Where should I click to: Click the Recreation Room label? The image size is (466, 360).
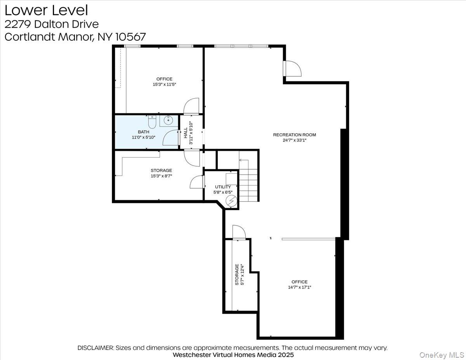[294, 135]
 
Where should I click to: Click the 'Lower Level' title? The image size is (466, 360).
[46, 10]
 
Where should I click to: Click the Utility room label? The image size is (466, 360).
[223, 187]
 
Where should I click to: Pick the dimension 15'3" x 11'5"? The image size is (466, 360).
[164, 84]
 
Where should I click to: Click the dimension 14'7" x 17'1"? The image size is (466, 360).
[299, 287]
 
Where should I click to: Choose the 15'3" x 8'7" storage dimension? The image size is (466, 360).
[161, 176]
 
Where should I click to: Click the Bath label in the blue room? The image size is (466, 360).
[143, 132]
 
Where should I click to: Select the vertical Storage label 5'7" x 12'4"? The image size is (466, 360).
[239, 275]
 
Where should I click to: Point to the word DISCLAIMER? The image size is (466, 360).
[96, 348]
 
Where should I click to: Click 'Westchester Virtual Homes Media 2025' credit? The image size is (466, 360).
[233, 355]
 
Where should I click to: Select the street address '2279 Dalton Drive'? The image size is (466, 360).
[52, 24]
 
